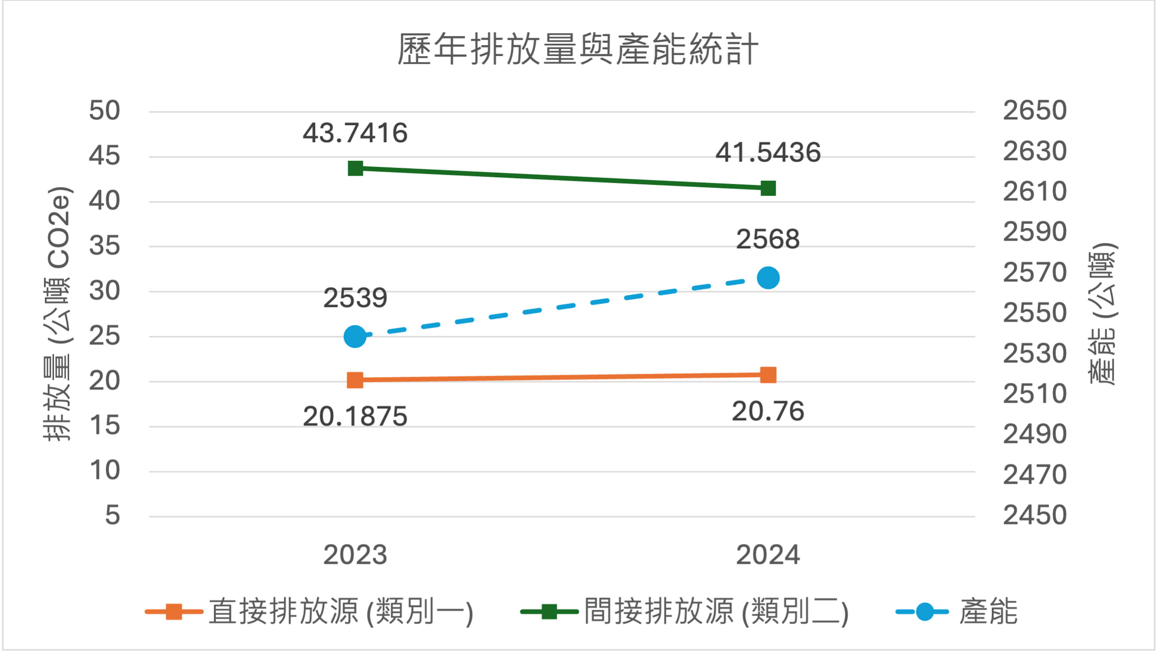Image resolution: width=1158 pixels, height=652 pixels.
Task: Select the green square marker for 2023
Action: (x=355, y=169)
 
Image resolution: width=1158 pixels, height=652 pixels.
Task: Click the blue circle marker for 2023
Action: (x=355, y=337)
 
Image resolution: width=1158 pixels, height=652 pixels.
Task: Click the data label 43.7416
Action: (x=355, y=133)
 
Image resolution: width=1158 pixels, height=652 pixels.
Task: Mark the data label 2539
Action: (x=355, y=298)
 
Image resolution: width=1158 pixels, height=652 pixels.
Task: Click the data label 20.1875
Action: (x=355, y=416)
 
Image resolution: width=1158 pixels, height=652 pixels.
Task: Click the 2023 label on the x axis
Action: (x=355, y=555)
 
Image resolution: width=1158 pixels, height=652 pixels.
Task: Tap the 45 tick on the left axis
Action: (x=104, y=156)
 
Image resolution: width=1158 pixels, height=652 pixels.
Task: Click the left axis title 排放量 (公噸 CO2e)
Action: (x=58, y=314)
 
